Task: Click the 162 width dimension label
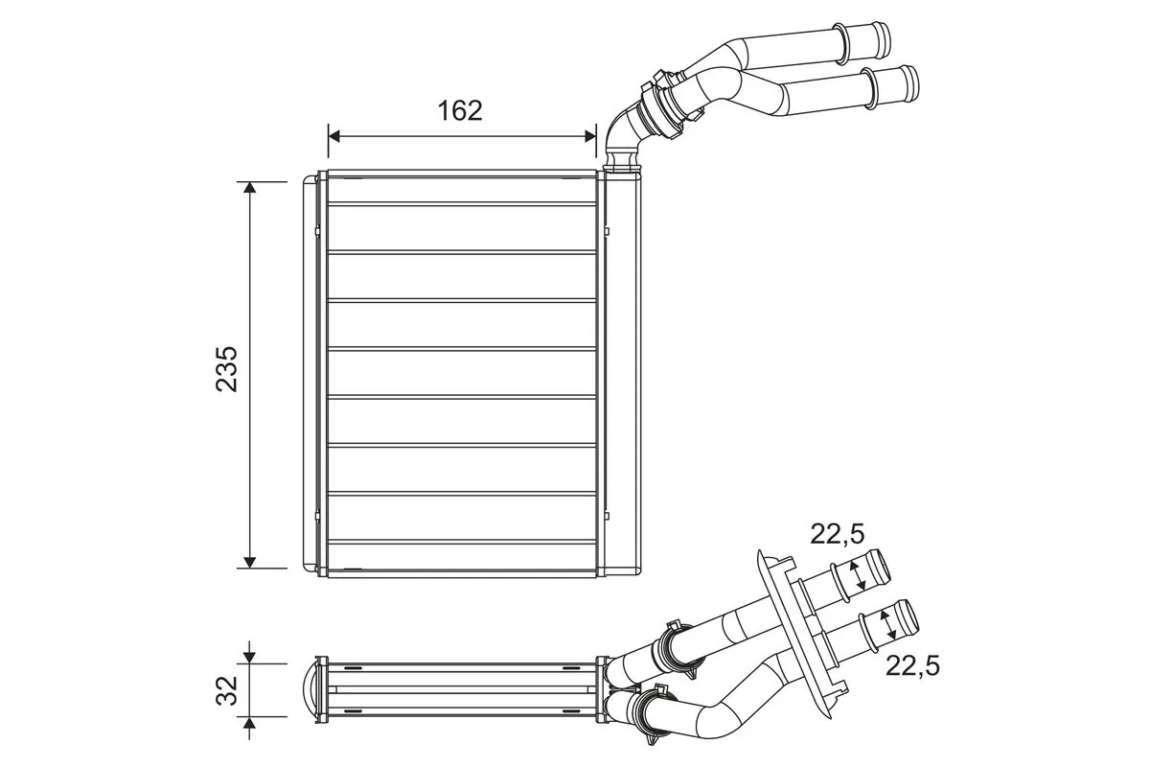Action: (x=460, y=110)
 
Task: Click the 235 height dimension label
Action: (x=226, y=369)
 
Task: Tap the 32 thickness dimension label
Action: (x=226, y=689)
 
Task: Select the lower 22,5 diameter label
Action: (x=912, y=664)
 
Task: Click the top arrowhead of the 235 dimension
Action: (x=250, y=188)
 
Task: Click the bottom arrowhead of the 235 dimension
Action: (x=250, y=561)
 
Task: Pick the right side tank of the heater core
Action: (x=622, y=374)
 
